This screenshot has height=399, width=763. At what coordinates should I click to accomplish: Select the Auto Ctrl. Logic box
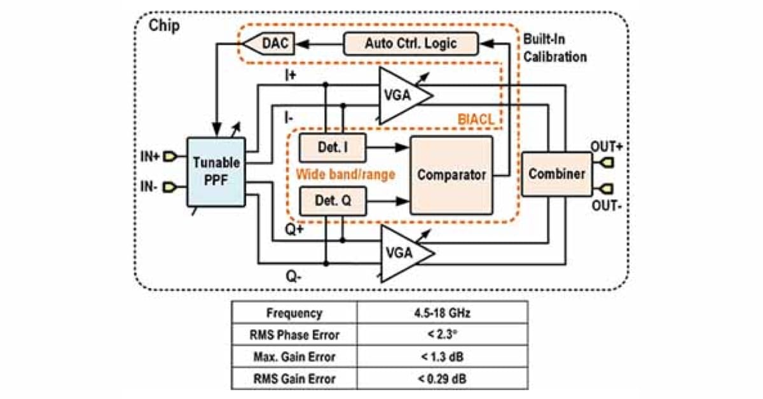(411, 45)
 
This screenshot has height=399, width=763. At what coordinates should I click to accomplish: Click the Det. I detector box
(332, 148)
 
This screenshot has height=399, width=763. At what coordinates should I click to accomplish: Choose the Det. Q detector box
(332, 201)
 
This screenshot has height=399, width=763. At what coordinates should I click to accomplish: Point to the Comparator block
(451, 175)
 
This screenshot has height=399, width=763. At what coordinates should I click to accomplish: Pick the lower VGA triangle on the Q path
(401, 252)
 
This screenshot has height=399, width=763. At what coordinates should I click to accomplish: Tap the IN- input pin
(169, 187)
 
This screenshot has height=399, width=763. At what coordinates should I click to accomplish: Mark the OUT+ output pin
(607, 163)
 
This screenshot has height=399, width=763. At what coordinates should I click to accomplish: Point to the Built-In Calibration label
(554, 48)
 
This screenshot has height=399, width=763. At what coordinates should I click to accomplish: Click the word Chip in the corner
(164, 25)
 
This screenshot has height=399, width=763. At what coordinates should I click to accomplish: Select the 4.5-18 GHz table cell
(441, 314)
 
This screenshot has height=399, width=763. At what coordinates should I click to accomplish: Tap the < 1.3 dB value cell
(441, 357)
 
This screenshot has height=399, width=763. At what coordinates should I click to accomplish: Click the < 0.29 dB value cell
(441, 379)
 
